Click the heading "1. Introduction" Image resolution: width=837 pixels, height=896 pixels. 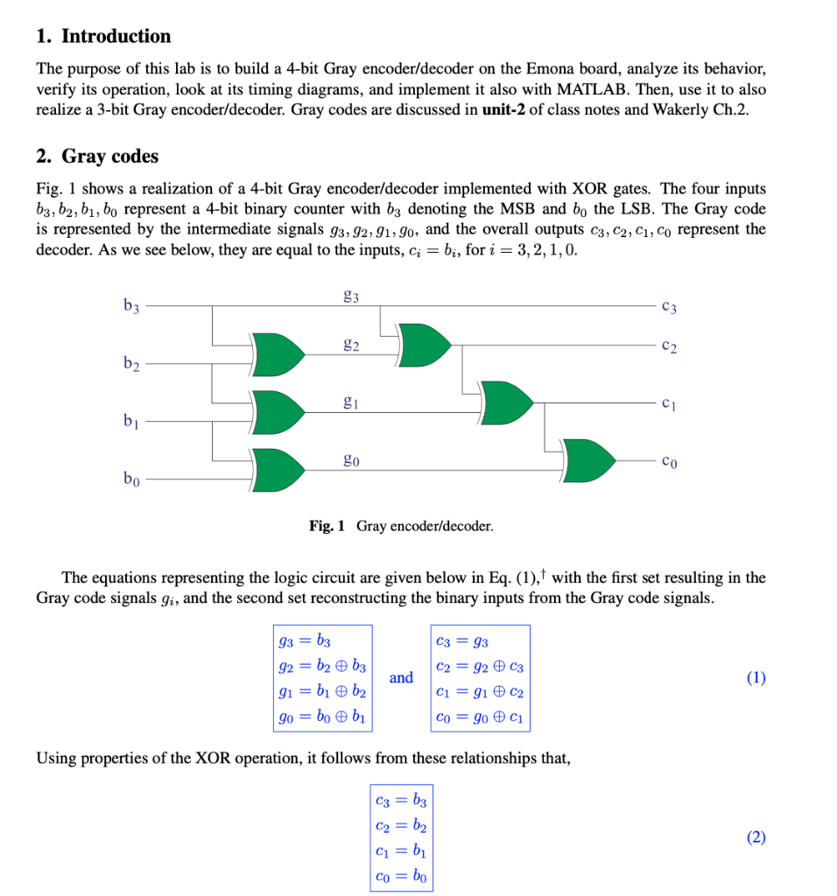coord(103,36)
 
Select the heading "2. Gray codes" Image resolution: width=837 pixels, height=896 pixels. coord(97,156)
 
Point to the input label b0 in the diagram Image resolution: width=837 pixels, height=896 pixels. coord(131,479)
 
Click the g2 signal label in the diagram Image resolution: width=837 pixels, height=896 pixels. coord(351,344)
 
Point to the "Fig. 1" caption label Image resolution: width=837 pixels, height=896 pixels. coord(327,526)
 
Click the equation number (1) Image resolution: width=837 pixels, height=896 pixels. coord(756,677)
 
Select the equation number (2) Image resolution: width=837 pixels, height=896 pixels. coord(756,837)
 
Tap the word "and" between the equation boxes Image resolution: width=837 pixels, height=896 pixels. coord(401,677)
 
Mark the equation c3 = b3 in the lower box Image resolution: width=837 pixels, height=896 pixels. coord(400,799)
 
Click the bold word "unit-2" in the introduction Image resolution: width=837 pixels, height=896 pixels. coord(508,112)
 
